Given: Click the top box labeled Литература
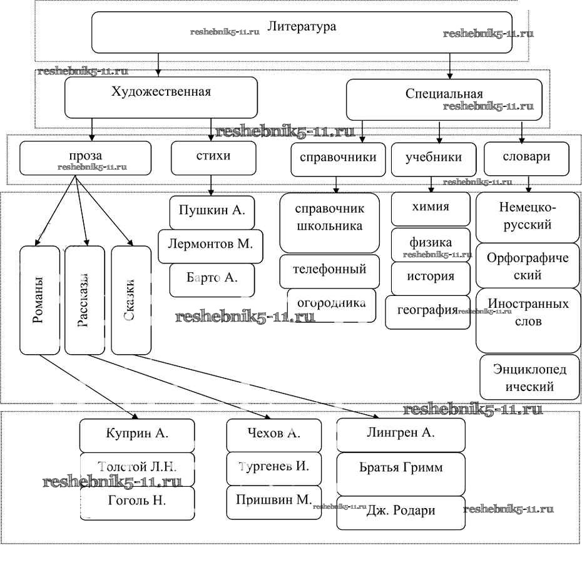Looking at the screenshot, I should [302, 31].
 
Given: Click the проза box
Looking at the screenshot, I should [86, 158].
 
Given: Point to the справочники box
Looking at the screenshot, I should [338, 160].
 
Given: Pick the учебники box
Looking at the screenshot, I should [433, 160].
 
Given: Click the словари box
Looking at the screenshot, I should [526, 158].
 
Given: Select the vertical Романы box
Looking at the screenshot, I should [39, 300].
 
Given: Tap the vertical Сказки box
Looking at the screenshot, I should [131, 300].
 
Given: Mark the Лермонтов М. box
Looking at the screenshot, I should [210, 246].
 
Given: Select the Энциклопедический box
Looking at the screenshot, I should [529, 377].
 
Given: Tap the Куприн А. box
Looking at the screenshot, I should [136, 435].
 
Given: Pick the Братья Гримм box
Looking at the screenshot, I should [401, 469].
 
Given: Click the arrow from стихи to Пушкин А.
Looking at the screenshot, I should [212, 185].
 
